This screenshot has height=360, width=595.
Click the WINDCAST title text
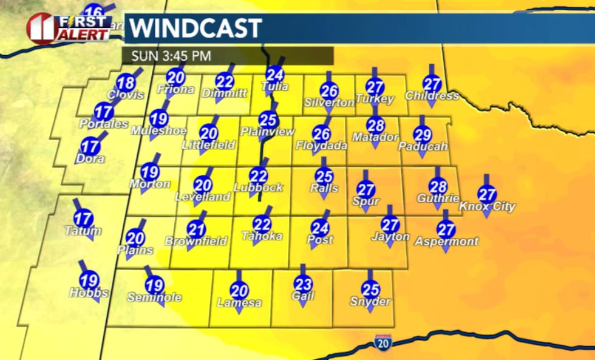click(x=196, y=29)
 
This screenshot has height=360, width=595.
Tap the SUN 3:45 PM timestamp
click(x=172, y=56)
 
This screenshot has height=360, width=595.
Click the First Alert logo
click(x=68, y=28)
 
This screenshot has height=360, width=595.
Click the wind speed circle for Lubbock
click(x=259, y=175)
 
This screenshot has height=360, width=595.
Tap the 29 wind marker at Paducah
click(x=423, y=135)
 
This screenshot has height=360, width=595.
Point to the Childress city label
click(x=432, y=96)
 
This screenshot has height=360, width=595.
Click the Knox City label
click(x=487, y=206)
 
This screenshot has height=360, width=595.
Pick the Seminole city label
click(x=154, y=297)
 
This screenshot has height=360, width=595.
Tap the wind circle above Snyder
click(x=370, y=290)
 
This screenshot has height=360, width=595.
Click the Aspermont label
click(x=446, y=241)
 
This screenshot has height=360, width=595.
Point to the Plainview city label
click(x=267, y=131)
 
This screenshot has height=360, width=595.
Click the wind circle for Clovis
click(x=126, y=83)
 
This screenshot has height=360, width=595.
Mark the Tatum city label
click(x=83, y=231)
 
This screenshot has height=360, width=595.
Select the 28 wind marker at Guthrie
click(x=438, y=186)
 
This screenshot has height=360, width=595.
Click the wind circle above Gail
click(x=303, y=284)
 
